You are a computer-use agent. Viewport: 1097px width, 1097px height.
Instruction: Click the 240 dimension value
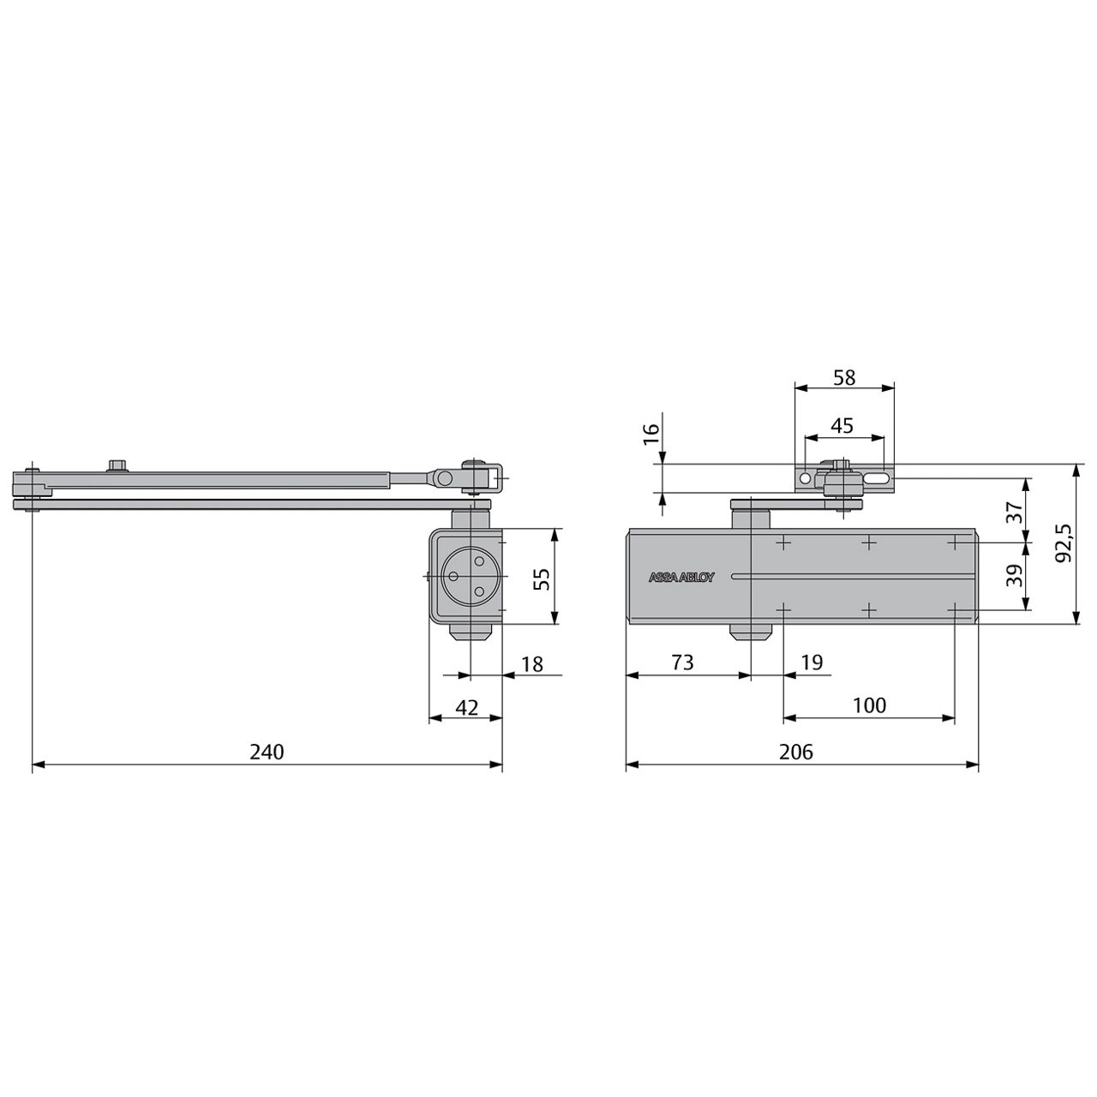click(266, 752)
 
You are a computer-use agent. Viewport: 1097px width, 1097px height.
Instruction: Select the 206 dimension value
click(795, 752)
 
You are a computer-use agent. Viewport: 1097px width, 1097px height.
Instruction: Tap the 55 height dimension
click(542, 576)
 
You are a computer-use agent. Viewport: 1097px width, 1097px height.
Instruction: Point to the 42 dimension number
click(465, 707)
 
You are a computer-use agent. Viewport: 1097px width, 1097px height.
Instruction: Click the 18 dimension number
click(532, 663)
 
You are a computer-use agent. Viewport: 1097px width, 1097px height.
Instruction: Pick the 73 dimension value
click(682, 662)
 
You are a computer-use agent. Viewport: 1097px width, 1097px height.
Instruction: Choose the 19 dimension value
click(811, 662)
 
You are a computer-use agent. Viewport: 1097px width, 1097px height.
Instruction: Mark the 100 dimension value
click(869, 704)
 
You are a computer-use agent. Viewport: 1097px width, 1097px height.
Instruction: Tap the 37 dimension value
click(1015, 512)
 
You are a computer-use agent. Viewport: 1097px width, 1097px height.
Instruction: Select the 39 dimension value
click(1015, 575)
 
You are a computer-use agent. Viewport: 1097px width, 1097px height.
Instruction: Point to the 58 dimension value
click(844, 377)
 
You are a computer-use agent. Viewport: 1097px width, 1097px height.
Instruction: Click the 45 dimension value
click(842, 425)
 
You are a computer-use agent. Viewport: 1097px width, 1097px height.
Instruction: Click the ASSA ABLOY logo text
click(680, 578)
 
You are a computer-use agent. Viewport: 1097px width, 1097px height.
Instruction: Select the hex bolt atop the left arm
click(117, 465)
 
